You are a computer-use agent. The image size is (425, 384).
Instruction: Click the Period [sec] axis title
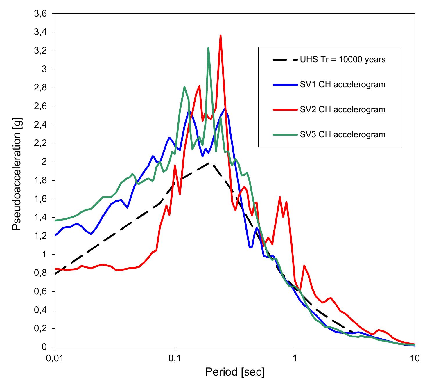pyautogui.click(x=235, y=372)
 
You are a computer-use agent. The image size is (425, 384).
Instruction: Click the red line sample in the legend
pyautogui.click(x=286, y=110)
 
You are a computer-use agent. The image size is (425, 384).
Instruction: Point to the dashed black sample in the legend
pyautogui.click(x=286, y=60)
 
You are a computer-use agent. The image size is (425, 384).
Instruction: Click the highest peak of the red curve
pyautogui.click(x=221, y=36)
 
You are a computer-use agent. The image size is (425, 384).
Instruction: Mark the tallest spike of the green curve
pyautogui.click(x=208, y=48)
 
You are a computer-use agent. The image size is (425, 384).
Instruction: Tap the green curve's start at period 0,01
pyautogui.click(x=55, y=221)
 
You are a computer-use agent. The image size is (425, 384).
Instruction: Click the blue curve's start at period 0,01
pyautogui.click(x=55, y=235)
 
